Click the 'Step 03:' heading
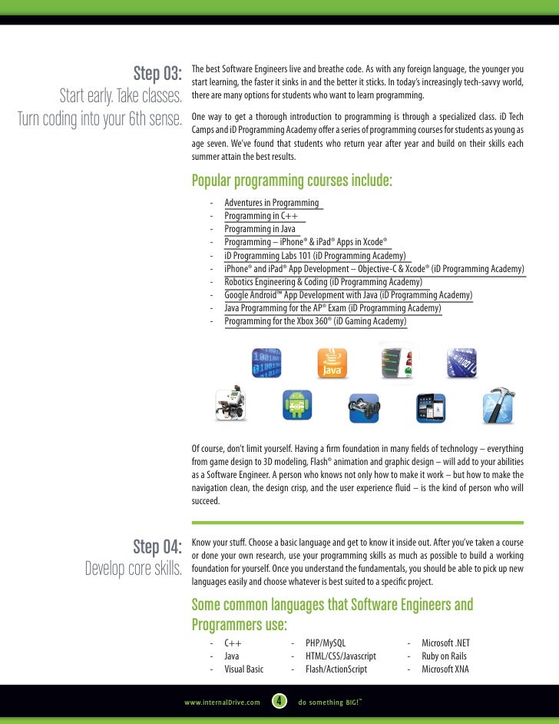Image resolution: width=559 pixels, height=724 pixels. pyautogui.click(x=157, y=75)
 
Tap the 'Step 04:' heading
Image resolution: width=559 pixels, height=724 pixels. pyautogui.click(x=157, y=546)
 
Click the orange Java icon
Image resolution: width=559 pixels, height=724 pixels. pyautogui.click(x=332, y=363)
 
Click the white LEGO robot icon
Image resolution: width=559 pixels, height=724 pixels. pyautogui.click(x=230, y=403)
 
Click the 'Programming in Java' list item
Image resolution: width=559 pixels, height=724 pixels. pyautogui.click(x=260, y=229)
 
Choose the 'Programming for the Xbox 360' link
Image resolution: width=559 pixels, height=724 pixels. pyautogui.click(x=315, y=320)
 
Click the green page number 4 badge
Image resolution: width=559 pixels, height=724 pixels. pyautogui.click(x=280, y=700)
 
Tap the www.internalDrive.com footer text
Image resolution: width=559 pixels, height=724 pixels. pyautogui.click(x=222, y=701)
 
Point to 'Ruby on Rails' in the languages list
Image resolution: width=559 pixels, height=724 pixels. pyautogui.click(x=444, y=656)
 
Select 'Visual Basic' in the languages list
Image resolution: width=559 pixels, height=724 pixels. pyautogui.click(x=243, y=669)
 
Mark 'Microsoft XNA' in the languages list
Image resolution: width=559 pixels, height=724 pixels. pyautogui.click(x=445, y=669)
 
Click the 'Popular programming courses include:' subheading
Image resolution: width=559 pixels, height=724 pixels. pyautogui.click(x=292, y=181)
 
